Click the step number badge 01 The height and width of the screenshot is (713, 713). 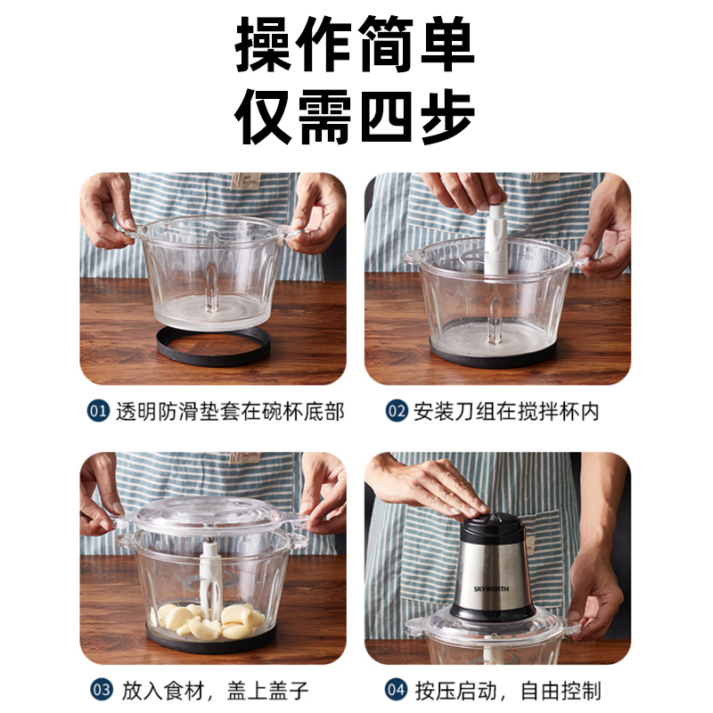98,411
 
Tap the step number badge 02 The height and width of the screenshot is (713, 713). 396,411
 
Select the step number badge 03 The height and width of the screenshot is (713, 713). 102,690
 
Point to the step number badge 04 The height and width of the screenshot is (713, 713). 396,690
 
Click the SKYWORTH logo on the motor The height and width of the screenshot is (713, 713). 491,589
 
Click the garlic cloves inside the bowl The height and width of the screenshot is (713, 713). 208,620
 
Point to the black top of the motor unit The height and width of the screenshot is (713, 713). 492,527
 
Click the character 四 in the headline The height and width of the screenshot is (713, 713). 387,117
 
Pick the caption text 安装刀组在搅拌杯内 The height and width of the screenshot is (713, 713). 506,412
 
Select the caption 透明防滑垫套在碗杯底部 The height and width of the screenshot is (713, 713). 230,412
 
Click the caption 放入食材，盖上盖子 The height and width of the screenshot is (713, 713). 216,690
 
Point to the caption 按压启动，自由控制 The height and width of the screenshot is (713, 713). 508,690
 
